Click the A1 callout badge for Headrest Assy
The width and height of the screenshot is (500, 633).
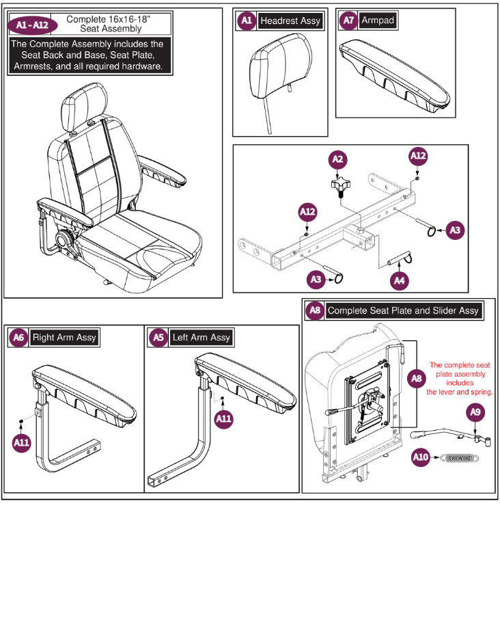click(246, 21)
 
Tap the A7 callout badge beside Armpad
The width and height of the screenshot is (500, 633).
click(348, 21)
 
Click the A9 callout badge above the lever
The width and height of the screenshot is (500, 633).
click(476, 412)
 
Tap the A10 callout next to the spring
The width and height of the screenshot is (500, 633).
click(421, 457)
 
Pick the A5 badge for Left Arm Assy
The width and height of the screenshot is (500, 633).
click(158, 338)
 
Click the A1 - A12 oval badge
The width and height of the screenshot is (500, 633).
click(29, 25)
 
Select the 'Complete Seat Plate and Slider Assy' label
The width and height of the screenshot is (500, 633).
click(403, 310)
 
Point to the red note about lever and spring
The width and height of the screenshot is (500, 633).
click(460, 379)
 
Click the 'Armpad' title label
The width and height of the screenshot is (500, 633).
click(378, 21)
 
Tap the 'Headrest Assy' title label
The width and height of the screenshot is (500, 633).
click(290, 21)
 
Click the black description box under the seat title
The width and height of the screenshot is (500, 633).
click(87, 55)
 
